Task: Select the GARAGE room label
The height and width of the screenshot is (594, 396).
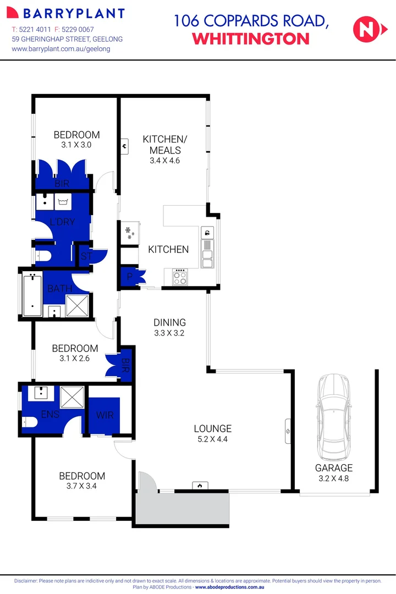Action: point(333,468)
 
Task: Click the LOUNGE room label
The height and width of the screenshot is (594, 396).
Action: point(212,428)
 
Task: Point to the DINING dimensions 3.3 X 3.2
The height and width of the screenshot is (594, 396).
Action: point(169,333)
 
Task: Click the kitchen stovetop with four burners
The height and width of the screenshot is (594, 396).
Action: point(180,277)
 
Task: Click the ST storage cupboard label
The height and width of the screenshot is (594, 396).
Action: point(86,256)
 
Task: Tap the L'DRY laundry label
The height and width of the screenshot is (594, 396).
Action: point(62,222)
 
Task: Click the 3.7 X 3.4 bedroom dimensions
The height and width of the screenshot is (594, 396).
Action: point(81,486)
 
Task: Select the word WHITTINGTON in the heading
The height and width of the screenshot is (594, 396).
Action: point(251,38)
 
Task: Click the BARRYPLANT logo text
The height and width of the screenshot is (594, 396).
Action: point(68,14)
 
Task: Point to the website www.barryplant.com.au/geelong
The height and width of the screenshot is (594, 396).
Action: point(61,49)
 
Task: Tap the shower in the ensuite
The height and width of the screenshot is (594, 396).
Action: point(70,396)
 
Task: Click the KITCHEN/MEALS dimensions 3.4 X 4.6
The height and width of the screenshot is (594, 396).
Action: point(165,161)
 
